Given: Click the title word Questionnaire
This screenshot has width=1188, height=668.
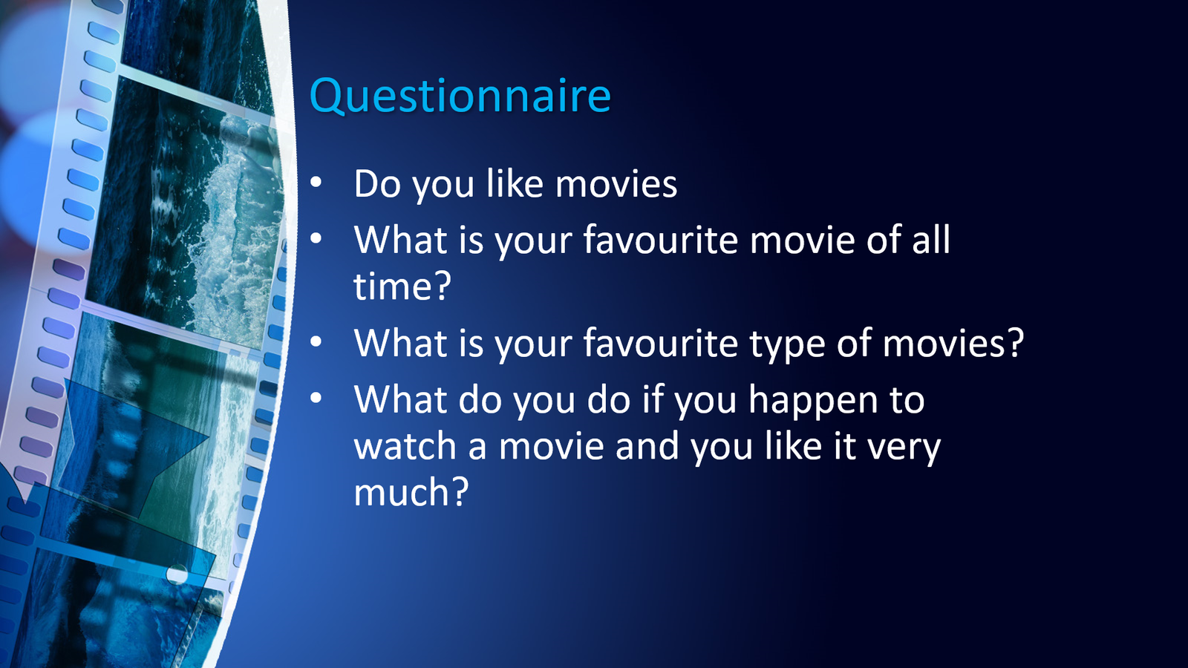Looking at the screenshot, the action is (460, 96).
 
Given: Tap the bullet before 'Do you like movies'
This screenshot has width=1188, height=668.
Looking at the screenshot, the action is (316, 183).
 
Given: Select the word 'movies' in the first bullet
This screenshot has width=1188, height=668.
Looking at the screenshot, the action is (616, 183).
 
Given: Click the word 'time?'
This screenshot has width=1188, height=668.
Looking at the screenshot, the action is (402, 286).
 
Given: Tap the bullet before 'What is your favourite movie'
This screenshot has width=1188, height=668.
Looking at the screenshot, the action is (316, 238).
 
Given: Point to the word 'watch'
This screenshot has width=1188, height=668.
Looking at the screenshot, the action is (405, 446).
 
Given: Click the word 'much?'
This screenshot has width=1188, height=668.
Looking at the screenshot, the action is (411, 492).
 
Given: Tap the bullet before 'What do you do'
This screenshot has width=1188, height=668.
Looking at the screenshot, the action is (316, 398).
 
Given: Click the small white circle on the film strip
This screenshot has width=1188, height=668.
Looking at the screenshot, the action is (177, 574).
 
